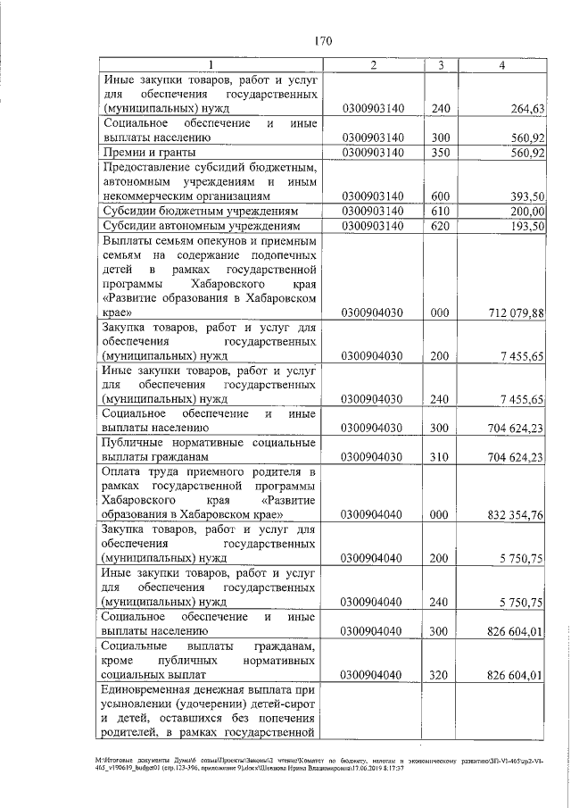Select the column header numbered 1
coord(211,65)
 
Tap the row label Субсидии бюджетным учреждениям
coord(198,211)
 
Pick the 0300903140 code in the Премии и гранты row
coord(373,153)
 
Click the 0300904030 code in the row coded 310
coord(373,457)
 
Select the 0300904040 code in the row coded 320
coord(373,675)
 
